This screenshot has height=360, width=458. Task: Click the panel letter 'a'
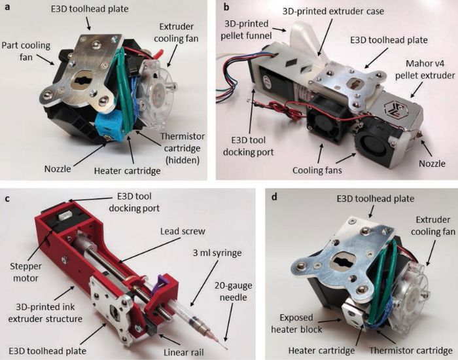(x=8, y=7)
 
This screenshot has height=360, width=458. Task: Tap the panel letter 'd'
(x=274, y=197)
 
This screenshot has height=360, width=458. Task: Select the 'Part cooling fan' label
(x=26, y=51)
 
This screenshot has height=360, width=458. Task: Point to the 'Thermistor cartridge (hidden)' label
(x=183, y=148)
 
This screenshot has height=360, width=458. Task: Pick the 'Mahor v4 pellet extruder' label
(x=425, y=69)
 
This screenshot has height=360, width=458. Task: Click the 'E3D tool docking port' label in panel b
(x=248, y=146)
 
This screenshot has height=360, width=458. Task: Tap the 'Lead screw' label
(x=183, y=232)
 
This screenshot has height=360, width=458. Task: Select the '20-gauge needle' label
(x=234, y=292)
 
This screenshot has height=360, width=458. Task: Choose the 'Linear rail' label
(x=184, y=352)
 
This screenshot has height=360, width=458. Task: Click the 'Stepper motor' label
(x=26, y=272)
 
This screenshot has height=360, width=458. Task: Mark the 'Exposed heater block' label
(x=296, y=323)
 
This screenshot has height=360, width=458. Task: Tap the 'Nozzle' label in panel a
(x=58, y=169)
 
